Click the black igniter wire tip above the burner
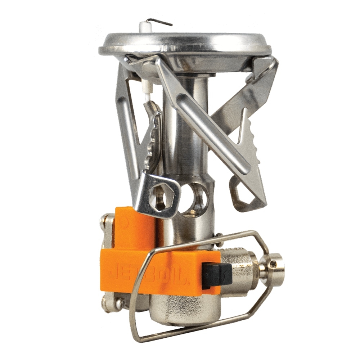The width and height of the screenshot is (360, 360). click(x=164, y=22)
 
